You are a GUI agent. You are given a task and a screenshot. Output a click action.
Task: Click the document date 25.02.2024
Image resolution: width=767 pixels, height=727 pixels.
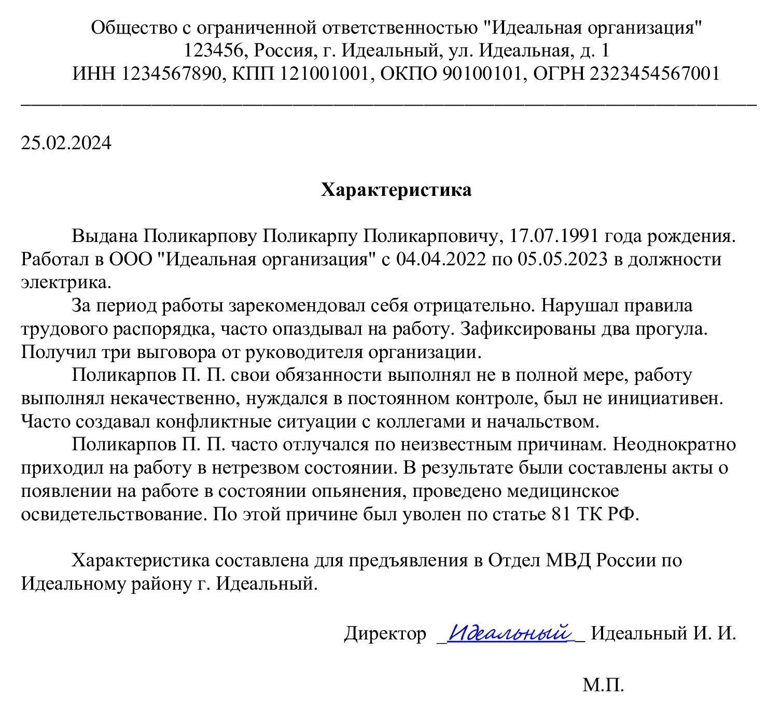(66, 143)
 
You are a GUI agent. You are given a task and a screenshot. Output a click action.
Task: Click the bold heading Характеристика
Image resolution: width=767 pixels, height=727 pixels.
(396, 190)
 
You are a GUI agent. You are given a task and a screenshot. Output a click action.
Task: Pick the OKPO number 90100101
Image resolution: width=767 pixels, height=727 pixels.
(481, 74)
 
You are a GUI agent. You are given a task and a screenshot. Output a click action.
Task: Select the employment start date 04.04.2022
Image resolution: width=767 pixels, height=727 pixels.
(441, 259)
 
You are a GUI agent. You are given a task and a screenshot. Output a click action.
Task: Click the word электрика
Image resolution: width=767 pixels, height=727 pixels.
(66, 282)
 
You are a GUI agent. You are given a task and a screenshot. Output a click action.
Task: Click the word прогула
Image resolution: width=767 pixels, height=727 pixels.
(665, 329)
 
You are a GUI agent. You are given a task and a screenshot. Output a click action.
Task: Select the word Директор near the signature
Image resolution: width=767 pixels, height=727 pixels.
(385, 634)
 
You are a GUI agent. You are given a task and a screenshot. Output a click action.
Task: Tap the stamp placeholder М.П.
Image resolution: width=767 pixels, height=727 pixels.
(603, 685)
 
